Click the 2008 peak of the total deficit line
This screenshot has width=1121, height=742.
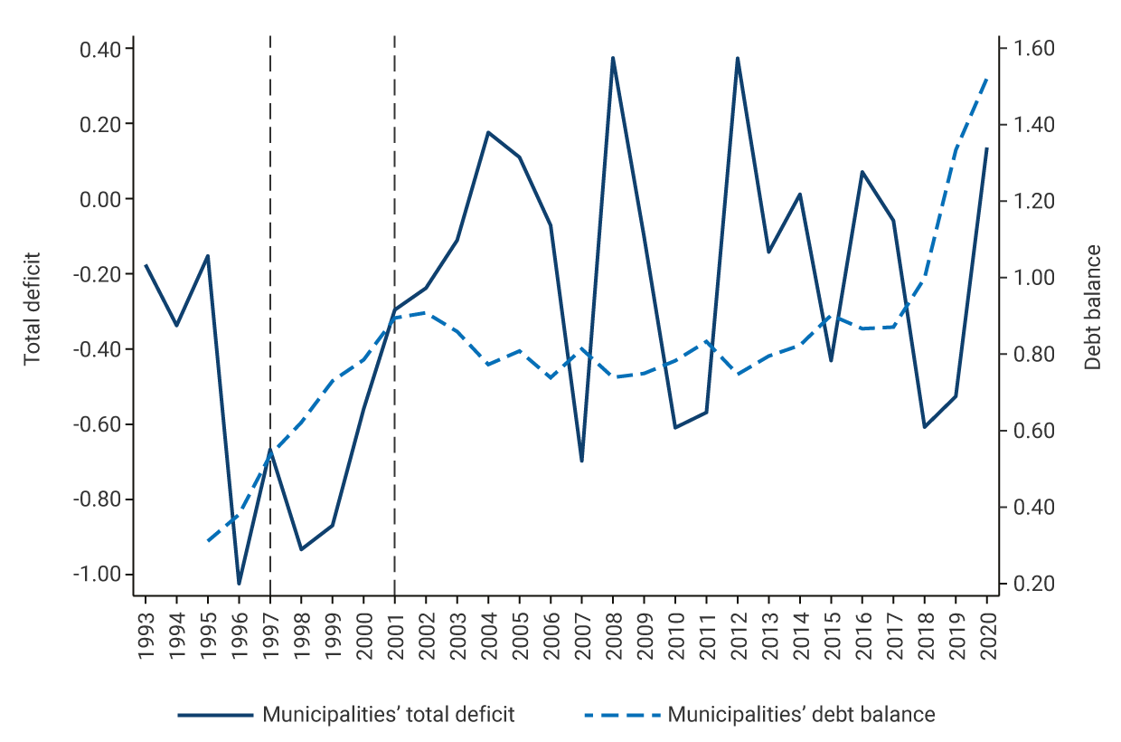pyautogui.click(x=613, y=58)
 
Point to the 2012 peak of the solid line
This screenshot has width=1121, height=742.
pyautogui.click(x=738, y=58)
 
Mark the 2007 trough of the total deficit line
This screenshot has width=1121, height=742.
pyautogui.click(x=581, y=461)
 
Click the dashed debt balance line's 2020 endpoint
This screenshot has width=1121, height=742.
pyautogui.click(x=986, y=79)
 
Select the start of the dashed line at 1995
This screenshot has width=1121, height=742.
pyautogui.click(x=208, y=541)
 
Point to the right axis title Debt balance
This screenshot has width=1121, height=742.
pyautogui.click(x=1093, y=308)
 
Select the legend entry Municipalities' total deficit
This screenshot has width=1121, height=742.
pyautogui.click(x=388, y=715)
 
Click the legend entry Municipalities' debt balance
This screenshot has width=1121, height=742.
pyautogui.click(x=801, y=715)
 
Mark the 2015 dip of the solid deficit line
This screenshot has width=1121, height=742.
pyautogui.click(x=831, y=361)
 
